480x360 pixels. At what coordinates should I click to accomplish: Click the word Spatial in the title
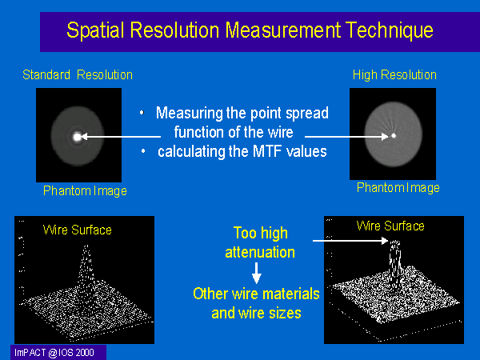[95, 30]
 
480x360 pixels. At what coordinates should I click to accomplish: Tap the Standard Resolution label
[78, 74]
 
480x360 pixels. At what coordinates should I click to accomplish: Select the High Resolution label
[394, 75]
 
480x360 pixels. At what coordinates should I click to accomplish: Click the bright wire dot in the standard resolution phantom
[77, 137]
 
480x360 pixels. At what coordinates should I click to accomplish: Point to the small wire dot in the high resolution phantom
[394, 136]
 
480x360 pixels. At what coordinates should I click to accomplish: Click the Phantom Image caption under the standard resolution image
[85, 191]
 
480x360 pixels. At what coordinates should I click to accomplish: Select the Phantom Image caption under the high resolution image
[398, 188]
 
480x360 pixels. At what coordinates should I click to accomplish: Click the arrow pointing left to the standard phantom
[121, 137]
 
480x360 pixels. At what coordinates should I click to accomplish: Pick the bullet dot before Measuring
[142, 113]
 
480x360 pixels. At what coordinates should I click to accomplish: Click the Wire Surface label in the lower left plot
[77, 230]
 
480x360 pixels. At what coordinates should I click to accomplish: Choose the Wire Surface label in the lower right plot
[390, 226]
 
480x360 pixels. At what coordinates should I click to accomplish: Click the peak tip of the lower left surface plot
[86, 246]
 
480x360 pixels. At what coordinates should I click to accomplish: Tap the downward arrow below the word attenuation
[257, 273]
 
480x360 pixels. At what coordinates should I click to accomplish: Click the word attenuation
[260, 253]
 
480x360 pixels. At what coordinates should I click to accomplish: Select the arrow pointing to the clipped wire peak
[350, 241]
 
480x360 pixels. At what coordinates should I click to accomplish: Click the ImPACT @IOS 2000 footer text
[54, 353]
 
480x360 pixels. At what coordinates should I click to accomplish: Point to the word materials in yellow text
[291, 294]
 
